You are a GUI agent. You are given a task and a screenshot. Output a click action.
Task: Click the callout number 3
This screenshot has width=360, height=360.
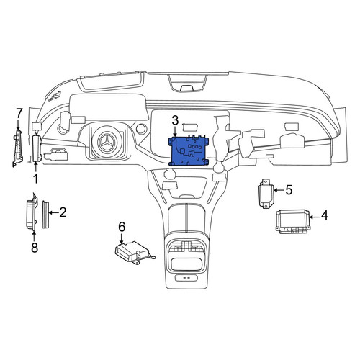coord(175,120)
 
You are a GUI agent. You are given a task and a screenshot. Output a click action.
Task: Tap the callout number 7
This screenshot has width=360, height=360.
coord(19,113)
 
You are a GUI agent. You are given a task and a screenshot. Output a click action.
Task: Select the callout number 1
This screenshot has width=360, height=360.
coord(35,179)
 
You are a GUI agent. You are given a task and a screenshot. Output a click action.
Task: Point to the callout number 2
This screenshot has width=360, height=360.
coord(63,212)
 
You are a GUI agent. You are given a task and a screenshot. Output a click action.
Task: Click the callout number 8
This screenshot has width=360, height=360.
coord(35,248)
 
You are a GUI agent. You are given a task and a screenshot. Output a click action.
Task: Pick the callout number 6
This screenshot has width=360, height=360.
coord(122,227)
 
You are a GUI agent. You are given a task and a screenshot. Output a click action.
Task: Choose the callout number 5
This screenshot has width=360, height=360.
coord(289,190)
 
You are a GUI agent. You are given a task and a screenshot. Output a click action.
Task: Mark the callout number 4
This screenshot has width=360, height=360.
coord(324,216)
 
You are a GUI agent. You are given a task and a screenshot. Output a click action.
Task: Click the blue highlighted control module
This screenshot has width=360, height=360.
coord(189,151)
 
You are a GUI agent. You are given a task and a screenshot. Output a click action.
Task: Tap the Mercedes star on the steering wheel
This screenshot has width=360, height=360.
coord(107,143)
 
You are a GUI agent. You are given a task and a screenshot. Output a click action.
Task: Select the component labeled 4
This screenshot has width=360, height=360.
coord(292,221)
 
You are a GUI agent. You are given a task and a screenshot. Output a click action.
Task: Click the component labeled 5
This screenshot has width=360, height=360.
coord(266,193)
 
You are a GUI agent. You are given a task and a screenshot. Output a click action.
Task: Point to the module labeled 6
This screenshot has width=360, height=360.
coord(135,253)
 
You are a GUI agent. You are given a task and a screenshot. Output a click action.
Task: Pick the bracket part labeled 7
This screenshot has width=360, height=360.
coord(17,148)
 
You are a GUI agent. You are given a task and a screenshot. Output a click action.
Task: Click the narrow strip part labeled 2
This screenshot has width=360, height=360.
coord(45,215)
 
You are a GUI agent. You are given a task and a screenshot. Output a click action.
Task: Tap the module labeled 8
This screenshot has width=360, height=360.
coord(32,213)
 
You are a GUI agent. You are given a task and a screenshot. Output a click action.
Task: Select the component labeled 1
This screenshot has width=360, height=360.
coord(37,148)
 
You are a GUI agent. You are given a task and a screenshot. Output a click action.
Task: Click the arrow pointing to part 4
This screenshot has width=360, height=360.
coord(315,217)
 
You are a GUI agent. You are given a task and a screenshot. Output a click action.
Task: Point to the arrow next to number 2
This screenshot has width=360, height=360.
coord(53,212)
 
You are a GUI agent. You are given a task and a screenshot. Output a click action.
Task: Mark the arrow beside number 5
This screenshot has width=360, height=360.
coord(279,190)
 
